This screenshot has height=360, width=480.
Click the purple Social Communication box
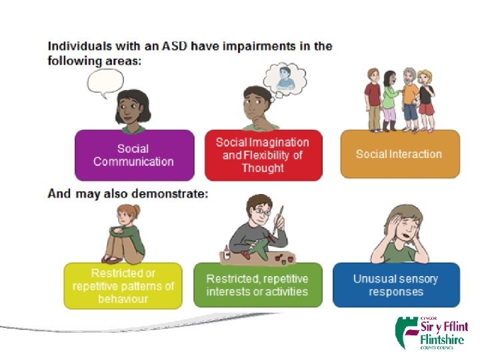(134, 155)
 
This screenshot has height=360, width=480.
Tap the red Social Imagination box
(263, 155)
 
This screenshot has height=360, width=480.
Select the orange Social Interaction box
(399, 154)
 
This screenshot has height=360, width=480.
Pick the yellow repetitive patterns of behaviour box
(123, 286)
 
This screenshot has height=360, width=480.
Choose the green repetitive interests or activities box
(257, 285)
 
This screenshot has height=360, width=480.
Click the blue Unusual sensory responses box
(395, 285)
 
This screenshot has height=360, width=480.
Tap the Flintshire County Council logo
(431, 331)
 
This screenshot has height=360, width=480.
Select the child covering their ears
(395, 233)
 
